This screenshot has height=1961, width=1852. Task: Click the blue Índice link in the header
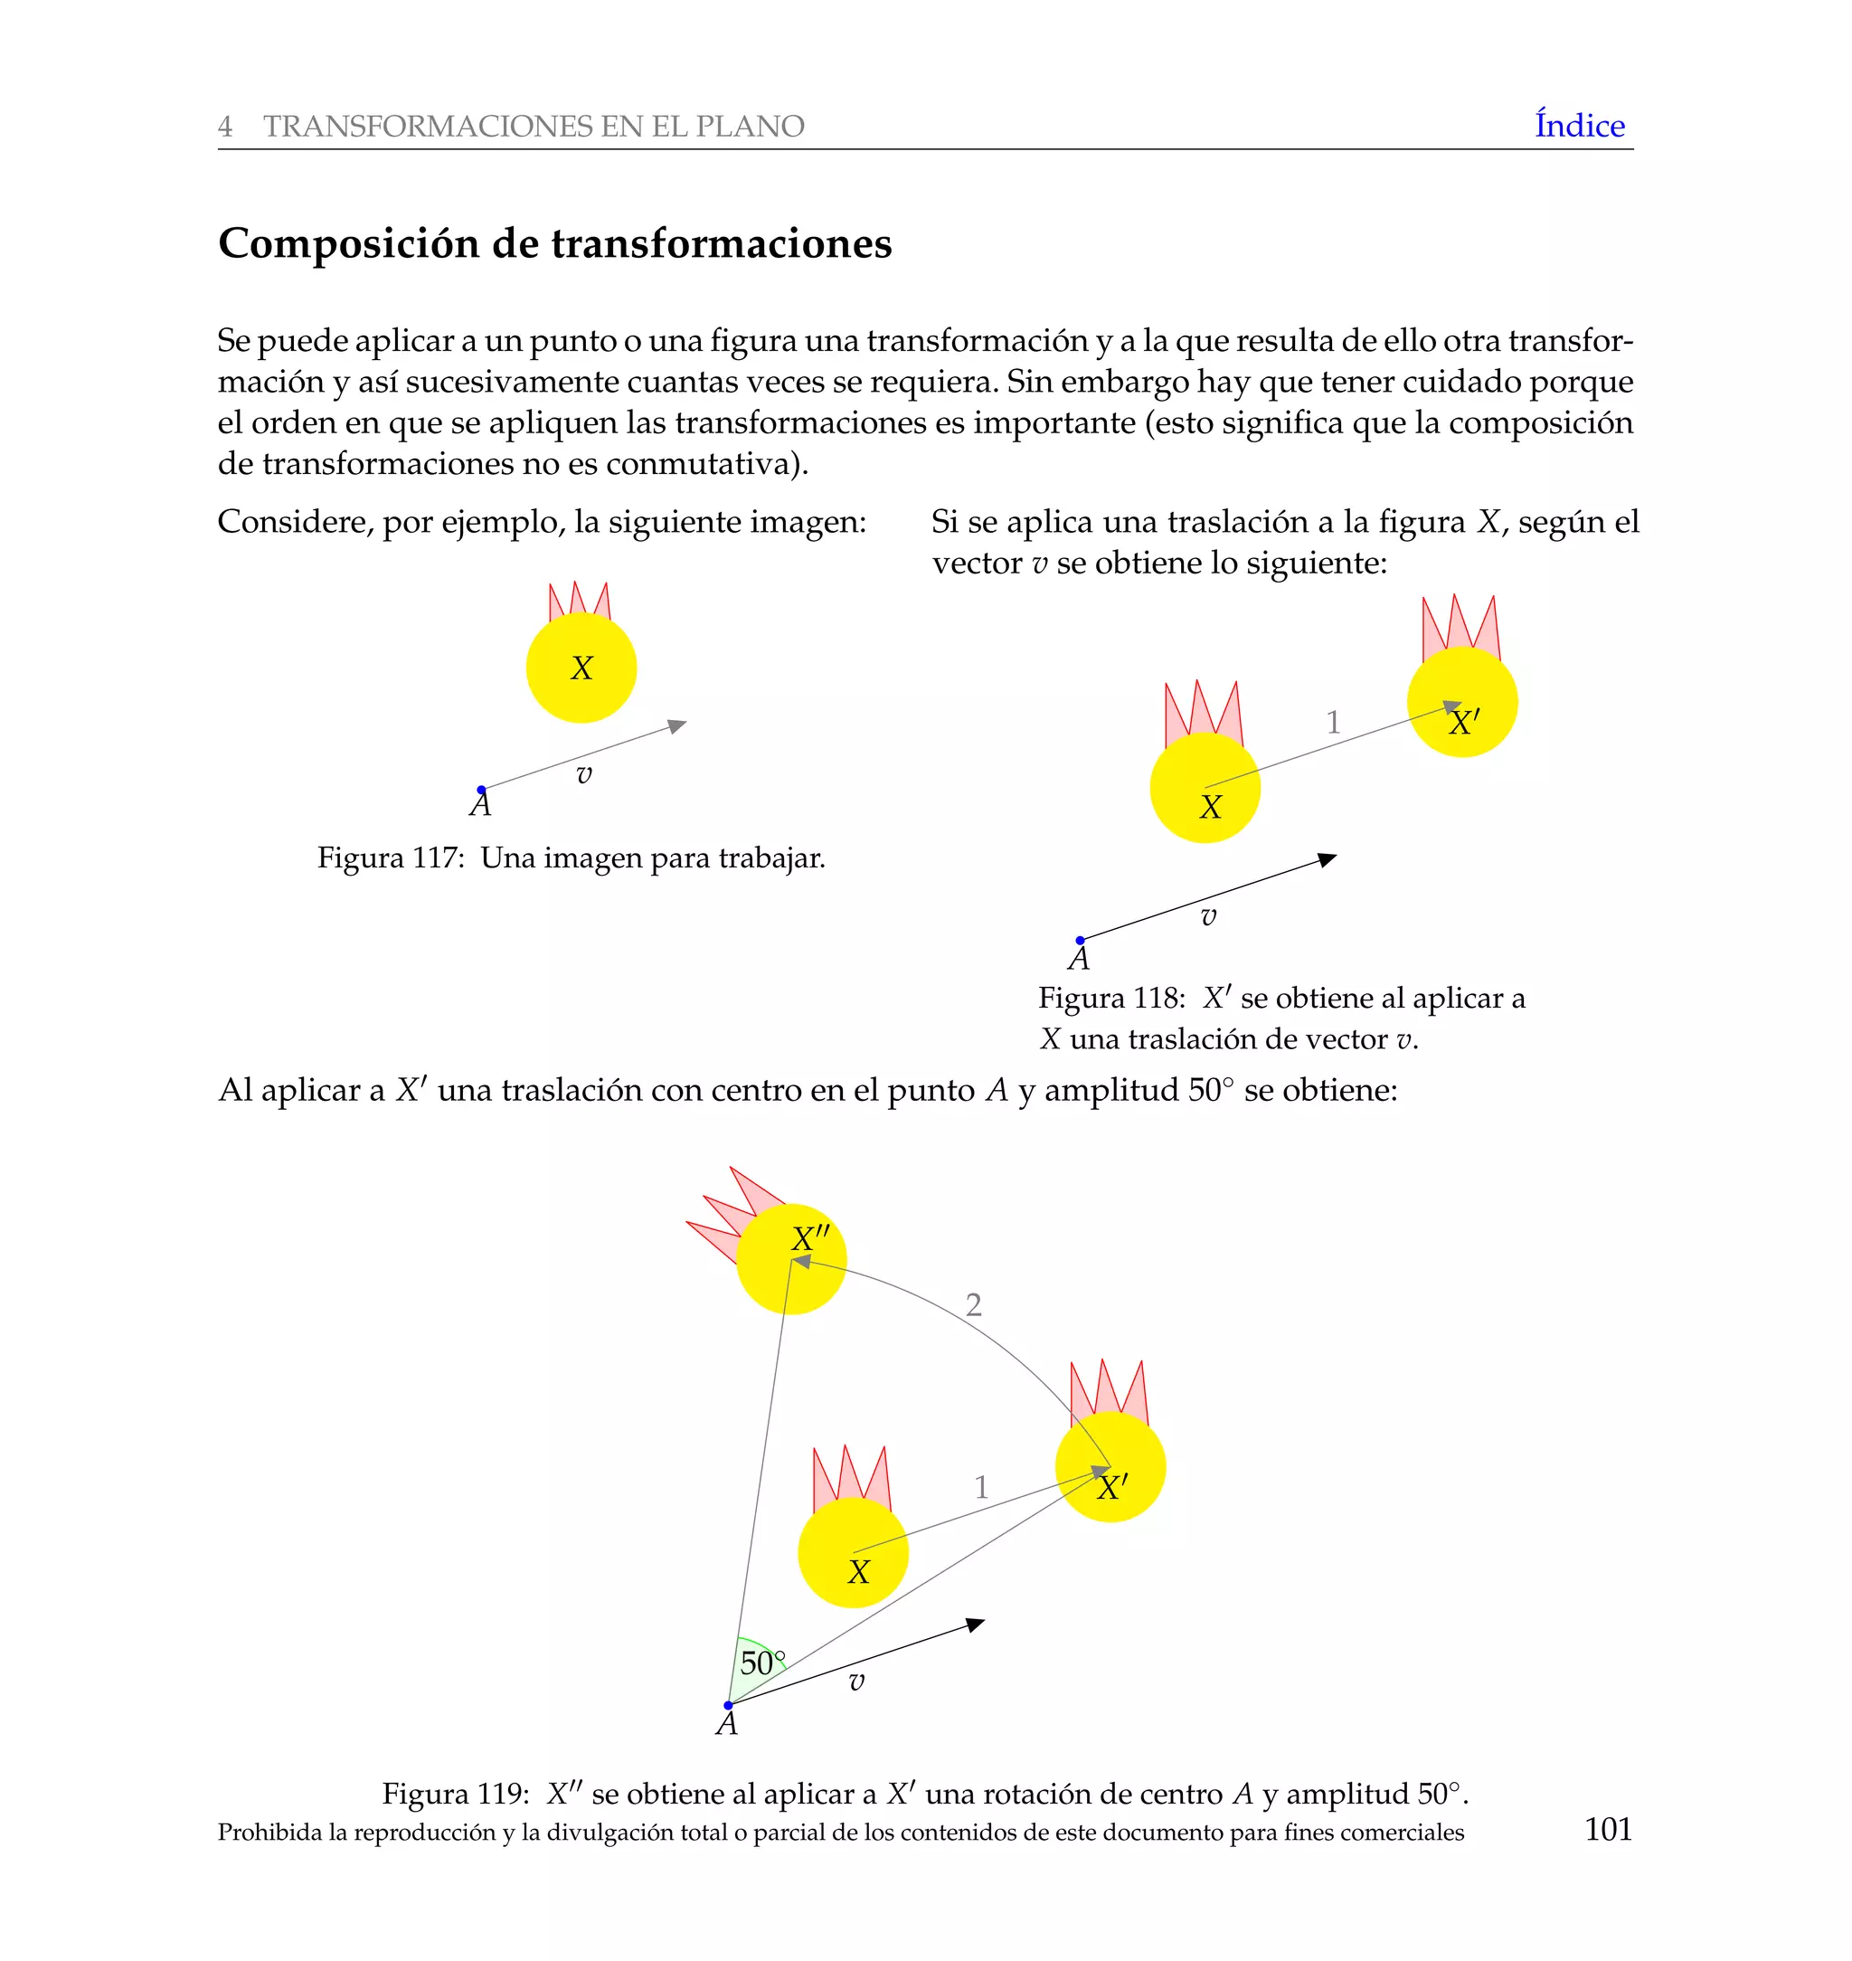[x=1579, y=126]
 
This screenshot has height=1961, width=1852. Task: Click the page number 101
[x=1608, y=1829]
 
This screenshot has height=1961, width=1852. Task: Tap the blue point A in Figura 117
[x=482, y=789]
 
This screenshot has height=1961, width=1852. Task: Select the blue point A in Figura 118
[x=1080, y=940]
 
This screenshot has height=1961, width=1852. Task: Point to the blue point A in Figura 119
[x=729, y=1705]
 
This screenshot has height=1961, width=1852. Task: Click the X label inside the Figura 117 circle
[x=581, y=668]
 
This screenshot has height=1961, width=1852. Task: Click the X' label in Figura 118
[x=1463, y=723]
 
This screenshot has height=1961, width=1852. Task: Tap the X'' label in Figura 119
[x=810, y=1238]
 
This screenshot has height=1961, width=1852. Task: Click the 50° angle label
[x=762, y=1663]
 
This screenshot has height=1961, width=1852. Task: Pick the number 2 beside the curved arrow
[x=973, y=1305]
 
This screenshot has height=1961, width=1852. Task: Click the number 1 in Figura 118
[x=1333, y=723]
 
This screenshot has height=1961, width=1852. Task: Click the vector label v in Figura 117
[x=584, y=775]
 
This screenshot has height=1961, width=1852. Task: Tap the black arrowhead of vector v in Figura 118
[x=1328, y=859]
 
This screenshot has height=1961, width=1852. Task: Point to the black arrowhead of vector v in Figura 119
[x=977, y=1625]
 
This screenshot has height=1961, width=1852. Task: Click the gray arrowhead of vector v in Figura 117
[x=677, y=725]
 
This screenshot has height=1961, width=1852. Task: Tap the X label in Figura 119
[x=859, y=1571]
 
